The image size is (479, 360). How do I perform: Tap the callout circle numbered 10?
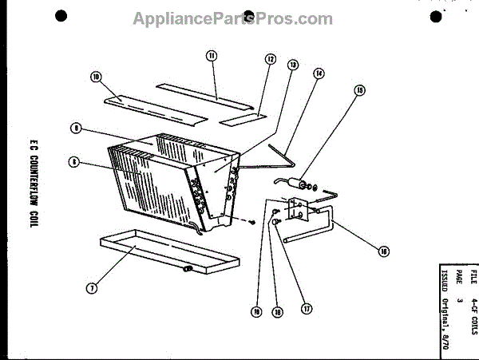tap(97, 77)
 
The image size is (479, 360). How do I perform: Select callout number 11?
tap(212, 55)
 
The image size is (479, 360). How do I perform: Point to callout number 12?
tap(271, 59)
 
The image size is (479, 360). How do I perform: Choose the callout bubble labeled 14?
tap(319, 73)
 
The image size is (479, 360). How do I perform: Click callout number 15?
tap(359, 91)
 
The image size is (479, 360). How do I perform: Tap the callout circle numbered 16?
tap(384, 251)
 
